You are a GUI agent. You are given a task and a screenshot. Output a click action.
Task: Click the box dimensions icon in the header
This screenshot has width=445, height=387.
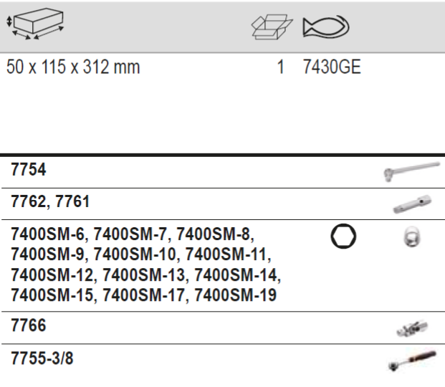tap(34, 24)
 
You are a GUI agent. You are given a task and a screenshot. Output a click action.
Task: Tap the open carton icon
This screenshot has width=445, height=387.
tap(272, 27)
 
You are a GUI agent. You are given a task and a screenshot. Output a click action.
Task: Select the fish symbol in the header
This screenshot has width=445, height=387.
tap(326, 27)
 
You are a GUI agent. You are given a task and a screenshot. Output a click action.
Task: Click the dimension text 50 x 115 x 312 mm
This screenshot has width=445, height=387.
tap(73, 67)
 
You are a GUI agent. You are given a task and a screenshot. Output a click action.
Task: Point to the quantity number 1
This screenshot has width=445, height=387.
tap(280, 67)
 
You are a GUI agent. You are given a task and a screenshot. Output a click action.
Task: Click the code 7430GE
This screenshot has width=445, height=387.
tap(332, 67)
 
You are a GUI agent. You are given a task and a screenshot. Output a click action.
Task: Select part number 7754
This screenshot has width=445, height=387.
tap(28, 170)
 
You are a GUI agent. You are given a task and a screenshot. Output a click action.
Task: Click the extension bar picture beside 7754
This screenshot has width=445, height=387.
tap(411, 171)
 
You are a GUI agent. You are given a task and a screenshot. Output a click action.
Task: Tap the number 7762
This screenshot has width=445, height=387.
tap(28, 201)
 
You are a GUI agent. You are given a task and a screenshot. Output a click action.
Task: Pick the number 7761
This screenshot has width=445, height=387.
tap(72, 201)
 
